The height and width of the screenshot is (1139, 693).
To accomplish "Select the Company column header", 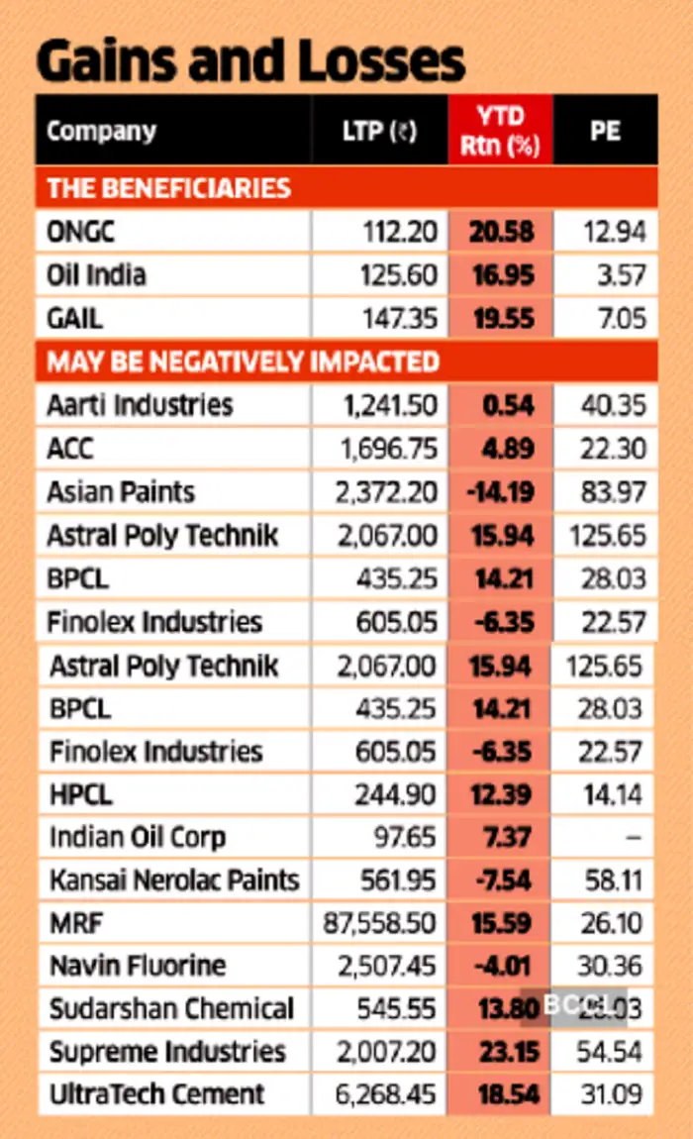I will (x=101, y=131).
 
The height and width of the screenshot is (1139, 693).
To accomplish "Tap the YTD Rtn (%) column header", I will (x=500, y=131).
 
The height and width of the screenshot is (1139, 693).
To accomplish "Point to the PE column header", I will (x=605, y=131).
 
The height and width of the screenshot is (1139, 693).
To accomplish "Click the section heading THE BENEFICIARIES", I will (x=169, y=188).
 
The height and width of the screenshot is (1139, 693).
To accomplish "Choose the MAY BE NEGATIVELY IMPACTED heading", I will (x=243, y=362).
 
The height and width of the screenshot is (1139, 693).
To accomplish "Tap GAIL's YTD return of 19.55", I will (x=501, y=318).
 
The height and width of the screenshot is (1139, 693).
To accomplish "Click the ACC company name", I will (x=70, y=449).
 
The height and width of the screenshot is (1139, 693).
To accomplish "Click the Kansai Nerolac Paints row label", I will (x=174, y=880).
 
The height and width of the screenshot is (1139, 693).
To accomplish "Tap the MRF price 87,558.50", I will (x=380, y=923).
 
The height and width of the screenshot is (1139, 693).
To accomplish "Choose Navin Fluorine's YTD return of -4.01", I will (x=501, y=966).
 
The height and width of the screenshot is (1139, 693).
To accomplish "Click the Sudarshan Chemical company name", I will (x=172, y=1009).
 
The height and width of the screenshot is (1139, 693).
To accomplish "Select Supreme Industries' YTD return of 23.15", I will (x=501, y=1052).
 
